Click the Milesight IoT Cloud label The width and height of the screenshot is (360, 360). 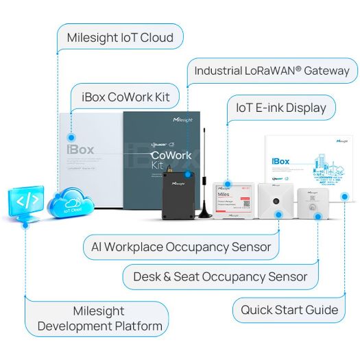[x=120, y=37]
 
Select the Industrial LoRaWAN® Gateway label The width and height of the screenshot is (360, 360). [x=272, y=71]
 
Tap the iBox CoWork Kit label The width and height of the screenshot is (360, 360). [x=130, y=97]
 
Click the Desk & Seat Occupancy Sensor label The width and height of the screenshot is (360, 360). [x=220, y=277]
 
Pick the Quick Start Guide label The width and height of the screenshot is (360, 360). [x=289, y=309]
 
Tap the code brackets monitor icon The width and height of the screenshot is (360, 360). [x=27, y=201]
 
